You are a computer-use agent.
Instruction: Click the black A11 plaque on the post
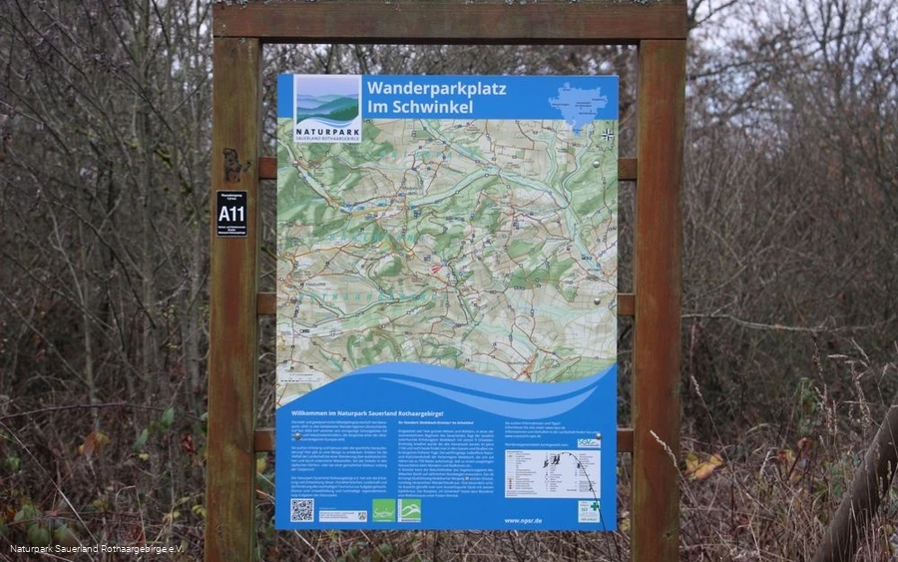point(231,213)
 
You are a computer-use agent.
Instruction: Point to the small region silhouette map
point(578,103)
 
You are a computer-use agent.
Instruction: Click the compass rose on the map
point(607,134)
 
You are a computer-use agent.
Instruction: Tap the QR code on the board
point(301,510)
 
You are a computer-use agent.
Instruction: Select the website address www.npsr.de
point(522,520)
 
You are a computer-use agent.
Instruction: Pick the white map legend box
point(552,472)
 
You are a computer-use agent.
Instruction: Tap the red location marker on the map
point(436,268)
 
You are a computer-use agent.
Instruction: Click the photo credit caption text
point(97,549)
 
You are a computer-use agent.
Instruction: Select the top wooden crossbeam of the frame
point(449,20)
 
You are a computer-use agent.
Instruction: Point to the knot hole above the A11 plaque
point(232,160)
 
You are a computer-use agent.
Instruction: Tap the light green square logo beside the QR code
point(383,510)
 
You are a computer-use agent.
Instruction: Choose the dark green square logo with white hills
point(409,510)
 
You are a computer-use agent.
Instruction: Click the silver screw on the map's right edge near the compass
point(597,162)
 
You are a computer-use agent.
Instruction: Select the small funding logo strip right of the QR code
point(342,515)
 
